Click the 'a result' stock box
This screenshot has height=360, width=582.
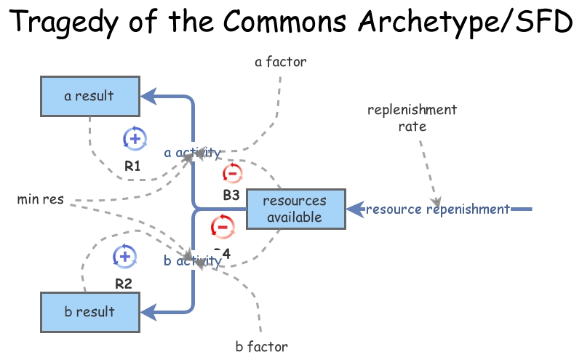(89, 96)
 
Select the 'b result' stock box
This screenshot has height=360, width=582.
(89, 312)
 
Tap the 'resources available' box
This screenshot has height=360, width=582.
(294, 209)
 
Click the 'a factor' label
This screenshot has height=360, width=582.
(281, 62)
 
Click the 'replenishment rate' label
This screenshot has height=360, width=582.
(412, 118)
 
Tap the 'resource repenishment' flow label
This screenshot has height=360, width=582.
(437, 209)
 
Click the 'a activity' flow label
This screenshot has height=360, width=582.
(192, 153)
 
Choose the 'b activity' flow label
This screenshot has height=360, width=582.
(192, 260)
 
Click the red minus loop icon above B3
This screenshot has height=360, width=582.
(231, 173)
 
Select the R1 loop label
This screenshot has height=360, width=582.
(132, 166)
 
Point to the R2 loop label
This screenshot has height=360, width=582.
(124, 284)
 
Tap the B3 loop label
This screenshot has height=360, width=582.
(231, 195)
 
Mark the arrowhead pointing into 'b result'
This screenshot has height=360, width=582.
(148, 312)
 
